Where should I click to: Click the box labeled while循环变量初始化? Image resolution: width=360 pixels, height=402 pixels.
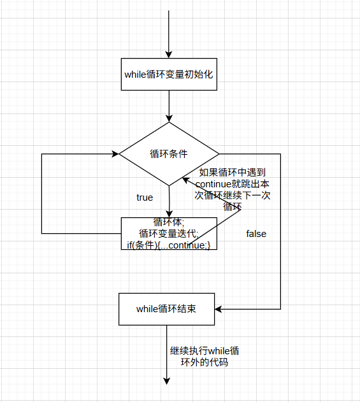169,74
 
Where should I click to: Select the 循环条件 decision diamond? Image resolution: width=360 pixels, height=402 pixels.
169,154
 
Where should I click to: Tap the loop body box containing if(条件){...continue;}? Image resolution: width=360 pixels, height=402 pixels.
169,233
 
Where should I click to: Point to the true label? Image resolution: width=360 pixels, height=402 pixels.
145,197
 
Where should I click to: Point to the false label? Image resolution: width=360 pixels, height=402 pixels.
256,234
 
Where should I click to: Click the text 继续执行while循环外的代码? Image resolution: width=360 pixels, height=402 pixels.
205,357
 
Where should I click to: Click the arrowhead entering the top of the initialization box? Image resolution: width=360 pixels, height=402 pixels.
169,54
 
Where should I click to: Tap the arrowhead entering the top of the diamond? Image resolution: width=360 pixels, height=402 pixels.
169,118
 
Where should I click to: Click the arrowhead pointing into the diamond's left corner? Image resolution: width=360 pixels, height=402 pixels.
115,154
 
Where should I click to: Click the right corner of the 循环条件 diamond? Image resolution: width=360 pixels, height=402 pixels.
218,154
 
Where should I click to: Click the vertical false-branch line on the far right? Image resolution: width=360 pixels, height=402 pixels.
280,229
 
